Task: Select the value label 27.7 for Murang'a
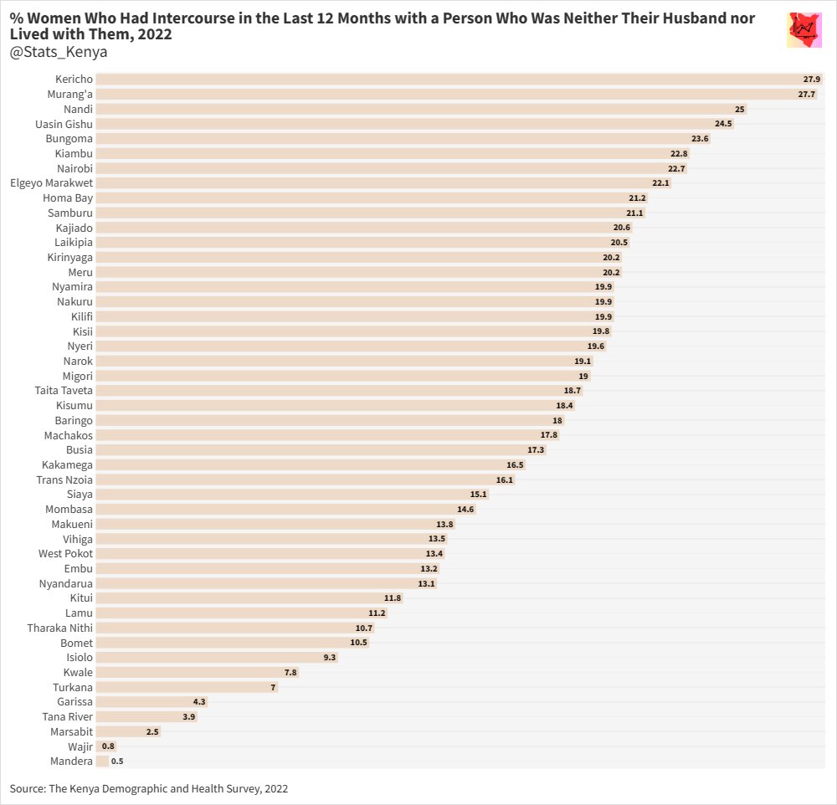pos(807,95)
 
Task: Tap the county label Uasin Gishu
pos(64,124)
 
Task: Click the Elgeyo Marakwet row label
pos(51,183)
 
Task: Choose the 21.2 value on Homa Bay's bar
pos(637,198)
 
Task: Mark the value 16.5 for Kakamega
pos(515,465)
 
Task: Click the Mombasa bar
pos(285,510)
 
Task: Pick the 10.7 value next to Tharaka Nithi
pos(363,628)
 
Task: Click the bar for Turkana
pos(187,688)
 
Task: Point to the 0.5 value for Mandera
pos(117,761)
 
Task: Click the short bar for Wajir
pos(99,746)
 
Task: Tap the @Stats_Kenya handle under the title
pos(59,53)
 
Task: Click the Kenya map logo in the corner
pos(805,31)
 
